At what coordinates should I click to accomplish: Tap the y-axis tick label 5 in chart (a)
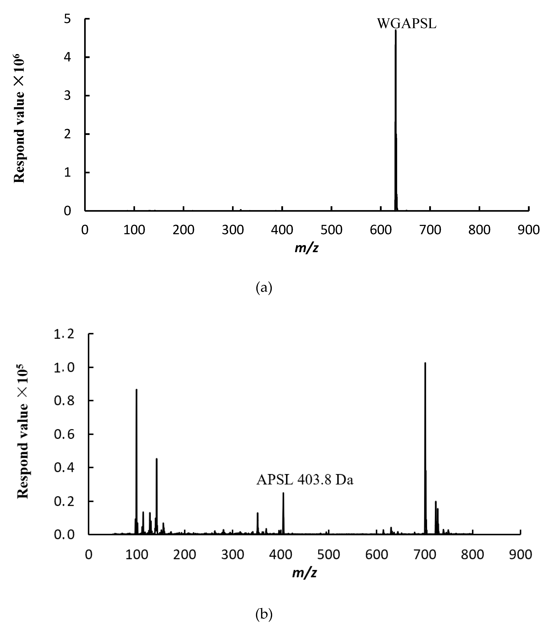[67, 19]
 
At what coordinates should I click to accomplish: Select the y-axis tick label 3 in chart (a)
[67, 96]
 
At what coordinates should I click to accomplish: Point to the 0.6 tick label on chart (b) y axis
[64, 434]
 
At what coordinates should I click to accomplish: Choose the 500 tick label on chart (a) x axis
[331, 230]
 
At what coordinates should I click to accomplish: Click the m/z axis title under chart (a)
[306, 248]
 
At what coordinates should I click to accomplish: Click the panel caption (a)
[264, 288]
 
